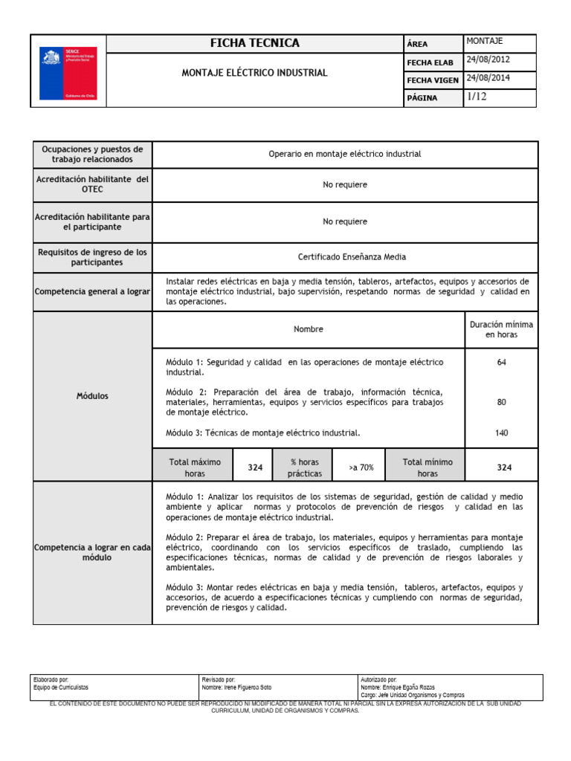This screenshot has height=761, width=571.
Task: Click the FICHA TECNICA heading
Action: point(255,43)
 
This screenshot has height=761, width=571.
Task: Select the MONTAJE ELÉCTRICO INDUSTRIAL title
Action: point(255,73)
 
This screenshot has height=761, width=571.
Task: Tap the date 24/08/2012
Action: point(488,60)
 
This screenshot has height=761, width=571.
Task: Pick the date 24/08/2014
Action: point(488,79)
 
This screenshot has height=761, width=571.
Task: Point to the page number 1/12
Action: point(477,97)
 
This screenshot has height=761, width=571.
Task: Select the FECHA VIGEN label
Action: point(431,80)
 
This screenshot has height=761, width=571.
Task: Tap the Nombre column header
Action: point(309,329)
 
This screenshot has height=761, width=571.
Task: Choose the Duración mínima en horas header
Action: point(501,330)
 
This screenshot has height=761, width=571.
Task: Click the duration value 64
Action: point(501,362)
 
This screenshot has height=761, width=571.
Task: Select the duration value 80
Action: point(501,402)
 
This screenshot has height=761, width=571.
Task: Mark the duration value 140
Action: point(501,433)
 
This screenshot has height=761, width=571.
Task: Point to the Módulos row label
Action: point(92,396)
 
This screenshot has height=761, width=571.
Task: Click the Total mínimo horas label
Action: point(428,467)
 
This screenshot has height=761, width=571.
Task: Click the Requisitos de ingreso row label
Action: point(92,257)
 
